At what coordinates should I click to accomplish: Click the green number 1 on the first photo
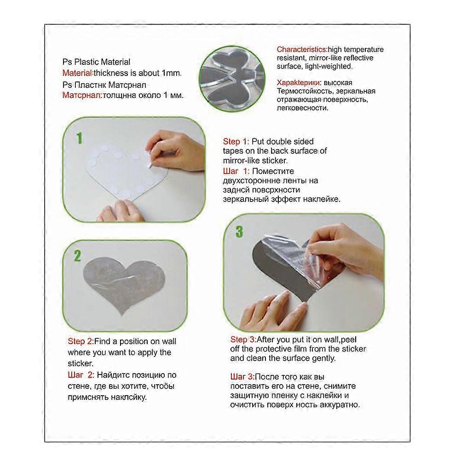click(79, 138)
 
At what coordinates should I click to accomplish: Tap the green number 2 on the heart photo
click(77, 256)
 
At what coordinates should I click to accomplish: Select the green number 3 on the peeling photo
click(239, 231)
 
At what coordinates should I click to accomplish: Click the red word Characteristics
click(301, 49)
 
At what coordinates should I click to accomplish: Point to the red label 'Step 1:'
click(236, 142)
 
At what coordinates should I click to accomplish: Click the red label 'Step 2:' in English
click(81, 341)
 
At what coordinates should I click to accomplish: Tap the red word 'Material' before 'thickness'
click(77, 73)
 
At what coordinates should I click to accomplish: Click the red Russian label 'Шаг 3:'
click(242, 376)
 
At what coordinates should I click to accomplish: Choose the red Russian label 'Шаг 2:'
click(81, 375)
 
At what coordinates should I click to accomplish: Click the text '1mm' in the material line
click(173, 73)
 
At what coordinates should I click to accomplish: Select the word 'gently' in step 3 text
click(323, 358)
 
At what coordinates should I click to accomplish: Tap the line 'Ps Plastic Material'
click(96, 62)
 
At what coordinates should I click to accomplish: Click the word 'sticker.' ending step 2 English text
click(81, 363)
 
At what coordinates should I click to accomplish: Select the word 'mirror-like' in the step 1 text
click(241, 161)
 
